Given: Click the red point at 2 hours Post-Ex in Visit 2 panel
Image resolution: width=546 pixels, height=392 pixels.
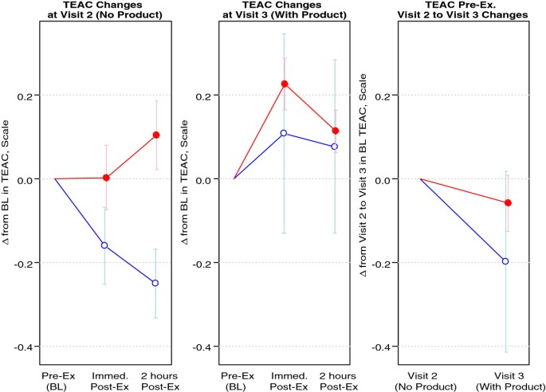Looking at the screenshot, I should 156,135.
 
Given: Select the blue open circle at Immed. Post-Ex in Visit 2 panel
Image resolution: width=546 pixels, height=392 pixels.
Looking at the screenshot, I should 104,245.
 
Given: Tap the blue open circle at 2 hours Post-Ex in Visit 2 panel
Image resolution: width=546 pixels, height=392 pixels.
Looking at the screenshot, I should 155,283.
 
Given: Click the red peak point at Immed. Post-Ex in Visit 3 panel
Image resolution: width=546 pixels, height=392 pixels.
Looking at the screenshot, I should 285,84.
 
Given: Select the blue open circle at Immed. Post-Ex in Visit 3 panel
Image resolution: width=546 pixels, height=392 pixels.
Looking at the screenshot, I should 284,133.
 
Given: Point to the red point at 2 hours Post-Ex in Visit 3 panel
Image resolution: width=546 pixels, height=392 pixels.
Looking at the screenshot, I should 335,131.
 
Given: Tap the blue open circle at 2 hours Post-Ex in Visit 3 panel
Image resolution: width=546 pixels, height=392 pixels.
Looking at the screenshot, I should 334,147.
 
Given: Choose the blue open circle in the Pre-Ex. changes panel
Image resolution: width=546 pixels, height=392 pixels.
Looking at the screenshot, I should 505,261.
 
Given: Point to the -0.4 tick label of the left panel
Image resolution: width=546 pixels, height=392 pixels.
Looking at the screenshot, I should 24,347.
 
